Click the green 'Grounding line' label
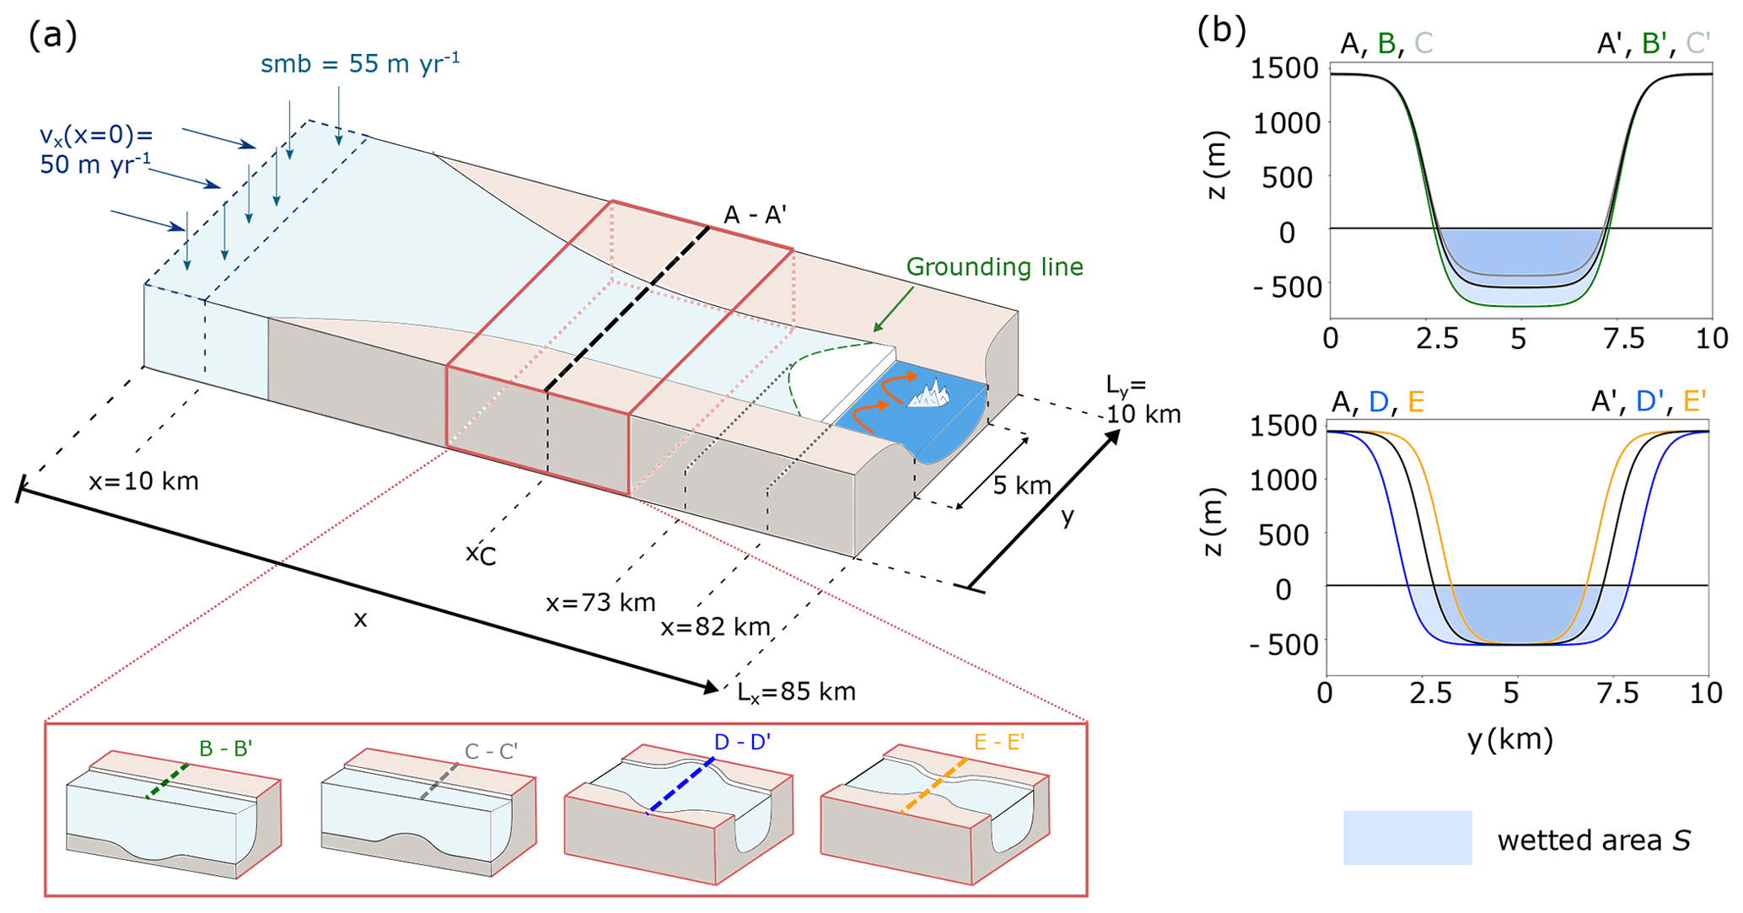click(994, 267)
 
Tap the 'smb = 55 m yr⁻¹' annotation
click(360, 63)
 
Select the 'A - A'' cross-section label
click(755, 216)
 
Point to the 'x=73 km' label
click(600, 603)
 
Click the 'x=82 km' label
click(715, 627)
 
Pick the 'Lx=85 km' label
click(796, 692)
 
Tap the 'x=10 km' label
click(143, 481)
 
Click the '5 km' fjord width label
click(1022, 486)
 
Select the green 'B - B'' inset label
click(226, 749)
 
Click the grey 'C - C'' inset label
click(491, 751)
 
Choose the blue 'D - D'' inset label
click(742, 743)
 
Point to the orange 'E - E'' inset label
click(998, 743)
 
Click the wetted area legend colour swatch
click(1407, 837)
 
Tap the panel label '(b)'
click(1221, 32)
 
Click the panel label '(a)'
click(52, 36)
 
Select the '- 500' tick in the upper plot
click(1285, 287)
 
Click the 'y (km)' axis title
click(1509, 739)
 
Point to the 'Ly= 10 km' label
click(1143, 400)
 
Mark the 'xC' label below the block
click(481, 555)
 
